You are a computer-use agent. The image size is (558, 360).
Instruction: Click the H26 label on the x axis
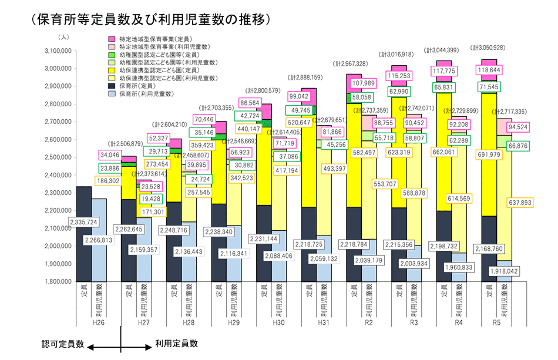tap(99, 323)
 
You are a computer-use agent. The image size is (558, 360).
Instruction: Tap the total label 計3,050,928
tap(490, 46)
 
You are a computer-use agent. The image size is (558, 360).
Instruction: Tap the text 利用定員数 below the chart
tap(176, 344)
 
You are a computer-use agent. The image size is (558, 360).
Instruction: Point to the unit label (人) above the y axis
tap(63, 37)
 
